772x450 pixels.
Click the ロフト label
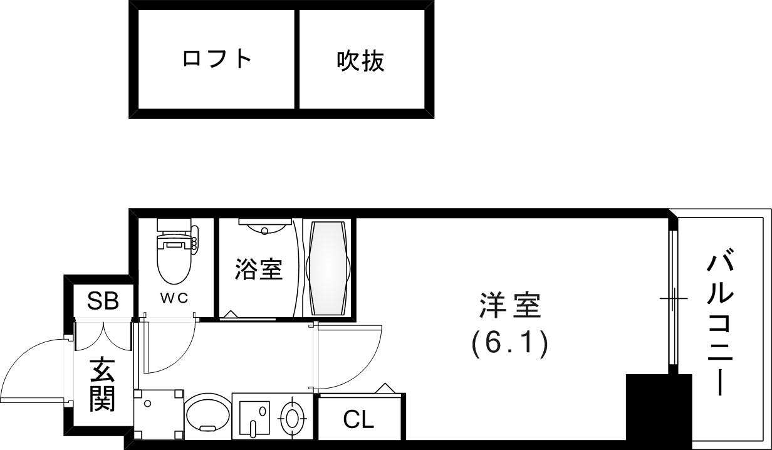coord(217,59)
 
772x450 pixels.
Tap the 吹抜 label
coord(360,61)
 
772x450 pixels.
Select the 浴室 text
coord(258,269)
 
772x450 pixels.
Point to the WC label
coord(174,298)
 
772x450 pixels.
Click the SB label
coord(103,301)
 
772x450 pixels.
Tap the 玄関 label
coord(102,384)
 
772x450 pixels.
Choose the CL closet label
coord(358,419)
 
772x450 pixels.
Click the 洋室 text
coord(509,307)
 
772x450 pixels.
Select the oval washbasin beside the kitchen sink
coord(207,414)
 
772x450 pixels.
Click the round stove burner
coord(292,416)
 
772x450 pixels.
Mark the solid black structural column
coord(657,411)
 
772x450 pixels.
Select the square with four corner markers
coord(159,414)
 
